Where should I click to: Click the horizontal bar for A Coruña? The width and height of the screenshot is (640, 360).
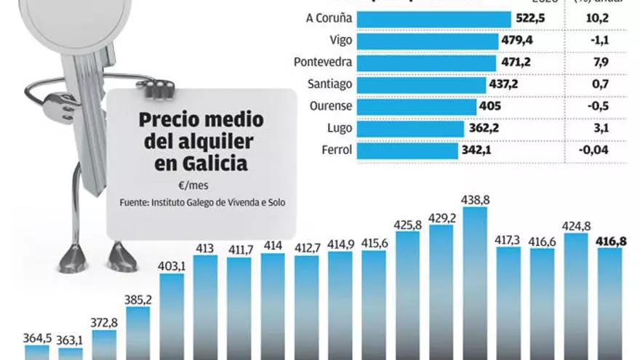tap(433, 19)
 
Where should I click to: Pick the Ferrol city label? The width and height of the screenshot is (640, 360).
tap(337, 151)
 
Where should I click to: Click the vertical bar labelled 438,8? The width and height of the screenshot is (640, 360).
tap(474, 284)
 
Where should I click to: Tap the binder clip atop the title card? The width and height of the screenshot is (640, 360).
tap(156, 89)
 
